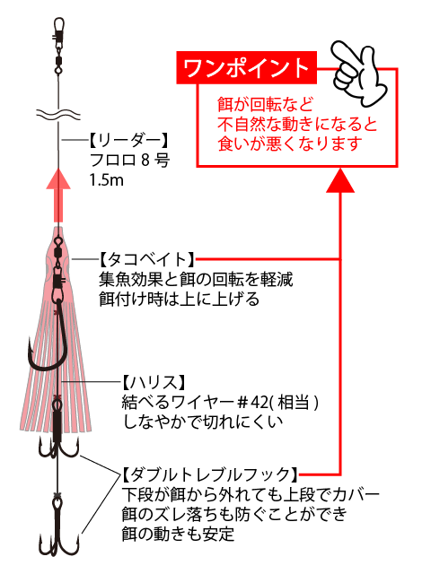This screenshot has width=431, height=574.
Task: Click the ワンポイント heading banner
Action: click(246, 68)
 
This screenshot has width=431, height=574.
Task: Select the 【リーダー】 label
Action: click(129, 140)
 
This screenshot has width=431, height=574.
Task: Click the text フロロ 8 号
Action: click(129, 160)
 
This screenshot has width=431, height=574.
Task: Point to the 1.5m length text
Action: click(107, 180)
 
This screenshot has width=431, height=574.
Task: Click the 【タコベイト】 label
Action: click(147, 260)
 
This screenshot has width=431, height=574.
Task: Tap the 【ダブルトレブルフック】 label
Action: click(210, 474)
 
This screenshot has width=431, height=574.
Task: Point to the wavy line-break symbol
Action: click(57, 114)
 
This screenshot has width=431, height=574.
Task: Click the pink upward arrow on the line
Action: click(57, 196)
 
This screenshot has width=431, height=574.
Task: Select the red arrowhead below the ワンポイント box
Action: click(340, 180)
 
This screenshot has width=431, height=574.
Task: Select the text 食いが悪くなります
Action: click(290, 143)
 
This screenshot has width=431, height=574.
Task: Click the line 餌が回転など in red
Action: click(265, 104)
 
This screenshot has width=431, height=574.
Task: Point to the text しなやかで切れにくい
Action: click(202, 422)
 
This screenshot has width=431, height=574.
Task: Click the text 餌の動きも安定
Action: click(178, 535)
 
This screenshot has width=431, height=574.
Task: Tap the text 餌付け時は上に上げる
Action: click(179, 300)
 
